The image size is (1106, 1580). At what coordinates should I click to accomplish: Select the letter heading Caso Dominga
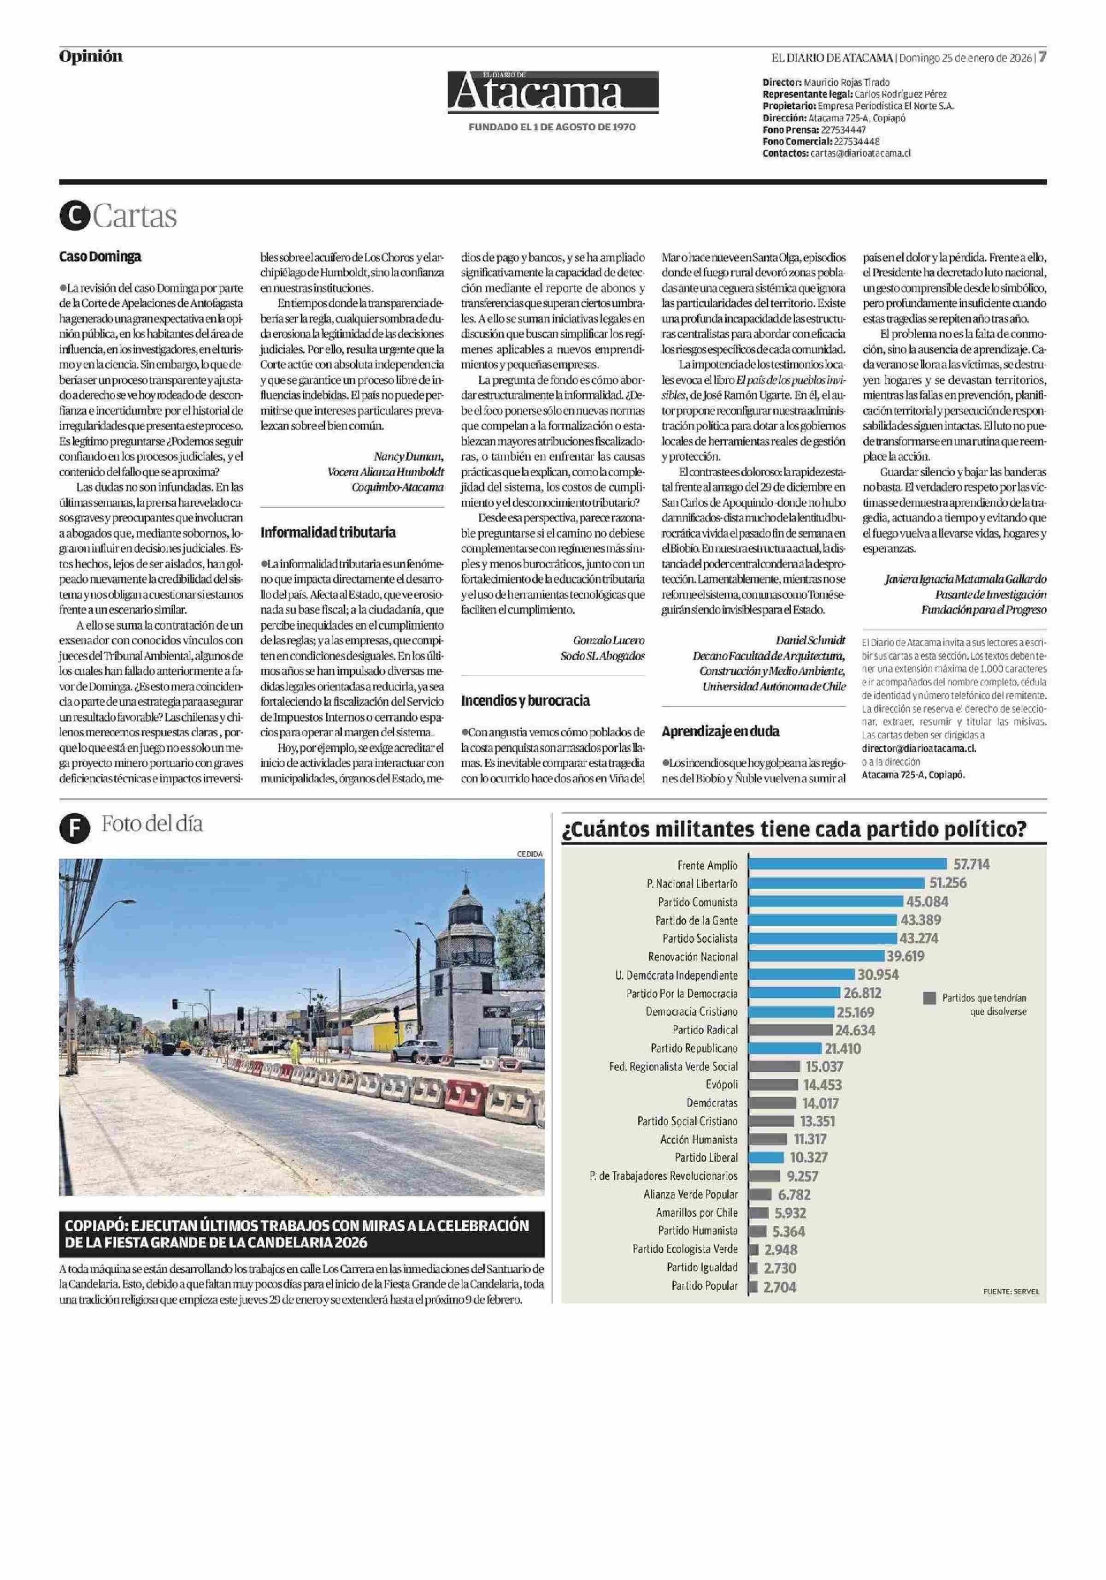point(100,257)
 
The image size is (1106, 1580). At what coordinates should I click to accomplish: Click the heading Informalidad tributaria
point(328,532)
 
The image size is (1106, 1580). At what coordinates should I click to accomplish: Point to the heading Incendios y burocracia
point(525,701)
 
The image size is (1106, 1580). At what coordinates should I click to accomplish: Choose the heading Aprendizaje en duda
point(720,731)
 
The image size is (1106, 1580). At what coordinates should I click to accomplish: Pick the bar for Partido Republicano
point(785,1048)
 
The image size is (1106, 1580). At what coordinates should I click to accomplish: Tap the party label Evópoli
point(721,1084)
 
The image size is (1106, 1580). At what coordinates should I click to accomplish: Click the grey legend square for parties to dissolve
point(930,998)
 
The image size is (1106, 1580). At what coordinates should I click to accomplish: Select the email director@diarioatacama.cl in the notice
point(919,748)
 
